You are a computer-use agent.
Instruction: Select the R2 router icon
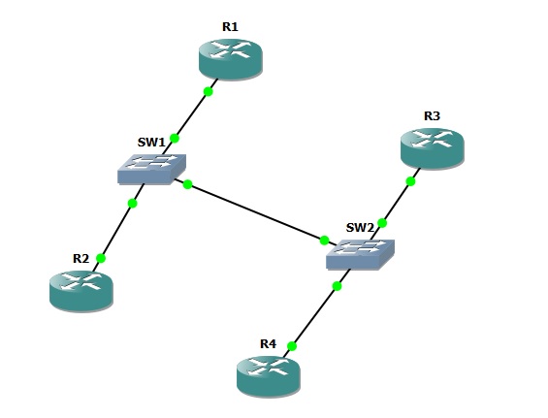[81, 291]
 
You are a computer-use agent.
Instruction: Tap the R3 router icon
[432, 148]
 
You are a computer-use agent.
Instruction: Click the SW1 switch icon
[151, 169]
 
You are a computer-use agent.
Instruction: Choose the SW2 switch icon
[361, 254]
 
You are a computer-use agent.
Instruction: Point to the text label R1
[230, 27]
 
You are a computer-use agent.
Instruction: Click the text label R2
[81, 259]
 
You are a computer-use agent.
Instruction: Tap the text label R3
[432, 116]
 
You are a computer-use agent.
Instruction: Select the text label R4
[268, 344]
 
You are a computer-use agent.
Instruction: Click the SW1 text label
[151, 143]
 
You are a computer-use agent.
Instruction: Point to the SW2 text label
[360, 228]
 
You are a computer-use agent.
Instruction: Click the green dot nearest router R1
[208, 91]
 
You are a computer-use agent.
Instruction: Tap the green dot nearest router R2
[101, 258]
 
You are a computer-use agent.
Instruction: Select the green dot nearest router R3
[410, 181]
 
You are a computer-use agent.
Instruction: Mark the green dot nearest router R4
[292, 346]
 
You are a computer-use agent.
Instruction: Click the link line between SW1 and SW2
[256, 212]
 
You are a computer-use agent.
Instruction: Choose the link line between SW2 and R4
[316, 313]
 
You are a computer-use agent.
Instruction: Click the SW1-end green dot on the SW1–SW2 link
[187, 184]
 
